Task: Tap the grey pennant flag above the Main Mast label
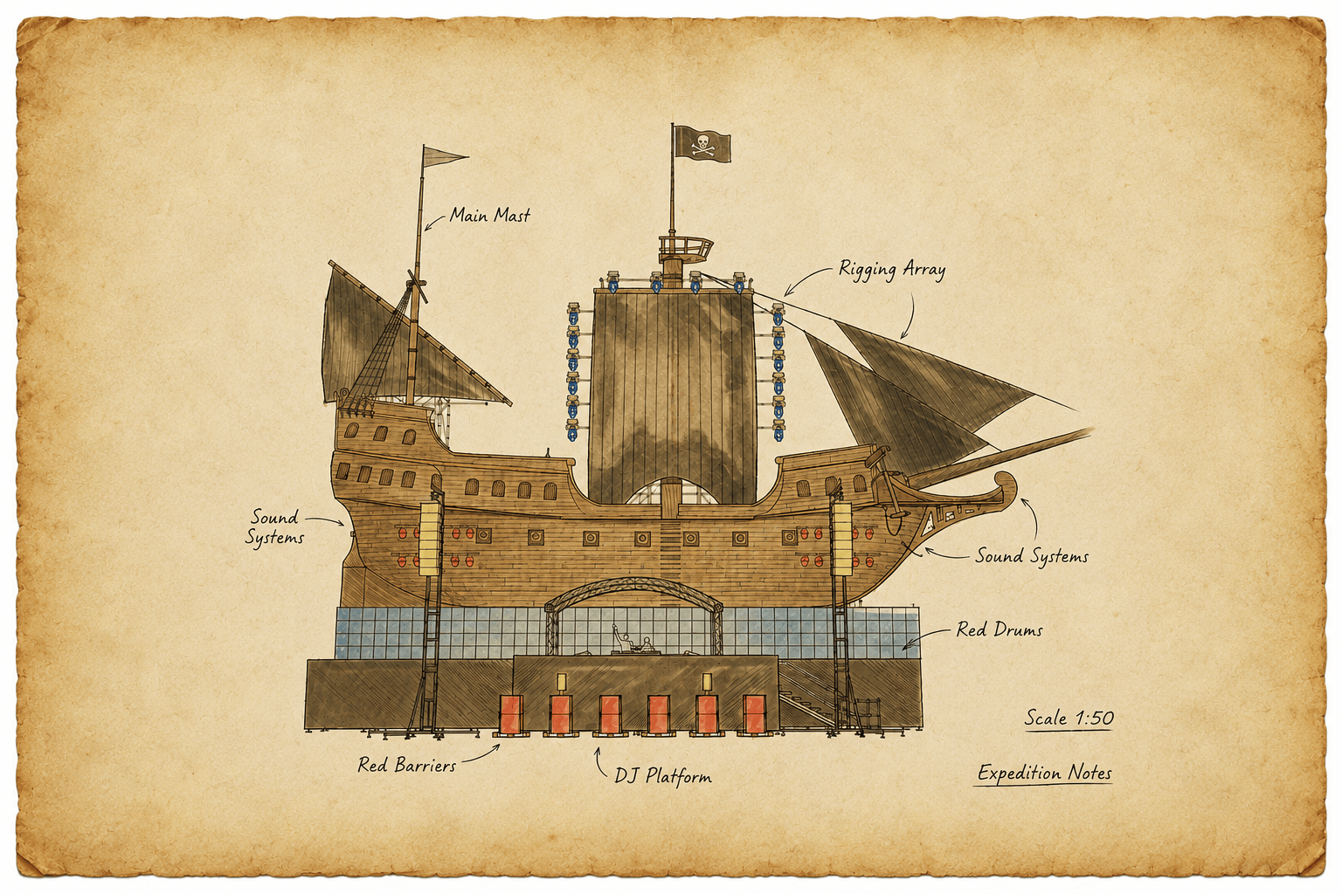click(444, 157)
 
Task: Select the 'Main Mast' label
click(489, 215)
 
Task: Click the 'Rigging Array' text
click(891, 270)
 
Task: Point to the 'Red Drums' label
click(999, 630)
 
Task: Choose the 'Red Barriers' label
click(407, 766)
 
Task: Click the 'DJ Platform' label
click(663, 777)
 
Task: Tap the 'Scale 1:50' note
click(1069, 718)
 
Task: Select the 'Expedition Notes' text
click(1044, 773)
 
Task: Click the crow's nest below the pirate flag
click(686, 247)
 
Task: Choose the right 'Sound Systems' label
click(1032, 556)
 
